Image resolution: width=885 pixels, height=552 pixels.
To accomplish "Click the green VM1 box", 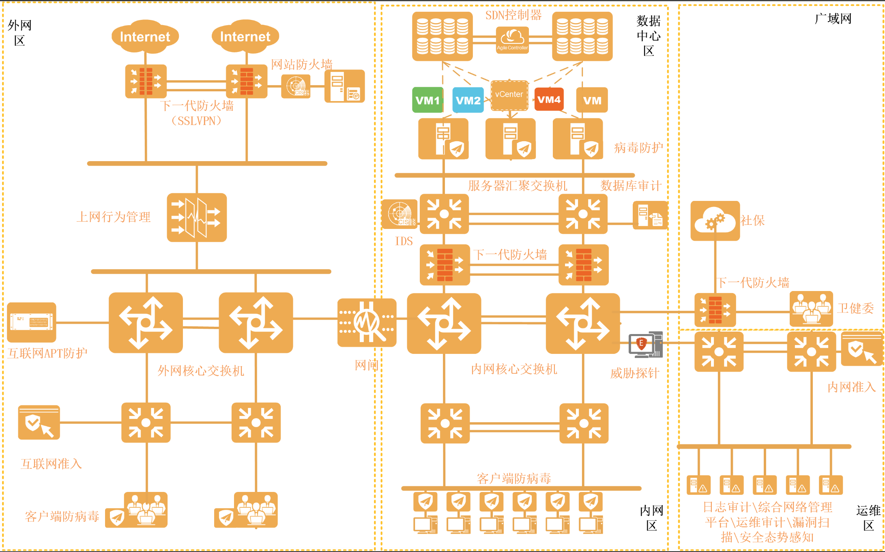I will click(x=427, y=100).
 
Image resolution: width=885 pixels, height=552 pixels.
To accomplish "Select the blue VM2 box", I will click(x=468, y=100).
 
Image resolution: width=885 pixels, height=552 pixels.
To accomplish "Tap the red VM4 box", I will click(x=549, y=99).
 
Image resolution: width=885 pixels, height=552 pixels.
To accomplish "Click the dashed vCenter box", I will click(x=509, y=95).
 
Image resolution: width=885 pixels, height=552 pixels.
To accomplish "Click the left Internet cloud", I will click(x=145, y=37).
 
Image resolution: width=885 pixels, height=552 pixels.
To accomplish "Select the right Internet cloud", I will click(x=245, y=37).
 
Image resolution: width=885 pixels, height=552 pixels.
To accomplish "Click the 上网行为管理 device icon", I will click(x=197, y=218).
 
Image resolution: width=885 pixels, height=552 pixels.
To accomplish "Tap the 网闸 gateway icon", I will click(x=367, y=323).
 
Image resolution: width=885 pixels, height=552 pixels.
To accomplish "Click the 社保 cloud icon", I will click(x=715, y=221).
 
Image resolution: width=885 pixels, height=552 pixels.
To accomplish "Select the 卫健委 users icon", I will click(x=811, y=309).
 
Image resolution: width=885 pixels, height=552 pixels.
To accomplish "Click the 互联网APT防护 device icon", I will click(x=32, y=322).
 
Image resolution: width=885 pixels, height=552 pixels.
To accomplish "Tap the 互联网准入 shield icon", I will click(x=39, y=423).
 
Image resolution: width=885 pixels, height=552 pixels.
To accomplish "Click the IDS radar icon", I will click(x=400, y=214).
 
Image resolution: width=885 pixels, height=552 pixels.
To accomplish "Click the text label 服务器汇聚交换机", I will click(x=518, y=186).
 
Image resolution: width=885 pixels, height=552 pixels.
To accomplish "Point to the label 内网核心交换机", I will click(x=514, y=369).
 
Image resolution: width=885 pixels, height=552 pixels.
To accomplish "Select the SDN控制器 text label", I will click(x=513, y=15).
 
